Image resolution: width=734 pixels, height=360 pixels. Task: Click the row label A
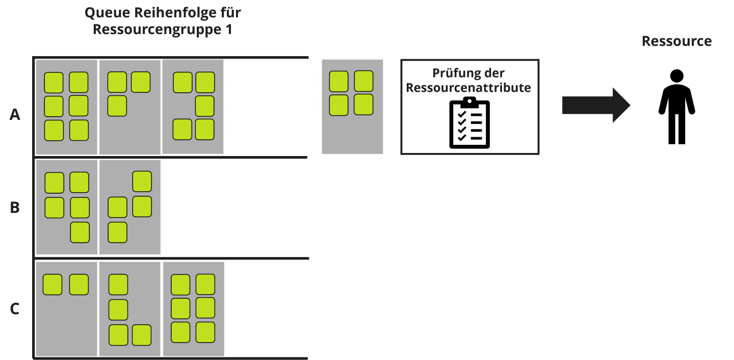(x=15, y=115)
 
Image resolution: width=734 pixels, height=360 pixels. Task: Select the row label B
(x=15, y=208)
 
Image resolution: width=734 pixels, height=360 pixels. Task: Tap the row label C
(x=15, y=308)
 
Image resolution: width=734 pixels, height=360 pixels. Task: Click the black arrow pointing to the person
(x=596, y=105)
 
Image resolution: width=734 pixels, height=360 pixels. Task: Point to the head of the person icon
(x=676, y=76)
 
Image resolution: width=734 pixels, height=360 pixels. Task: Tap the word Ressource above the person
(x=676, y=41)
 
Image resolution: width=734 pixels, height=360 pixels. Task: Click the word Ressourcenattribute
(x=468, y=88)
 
